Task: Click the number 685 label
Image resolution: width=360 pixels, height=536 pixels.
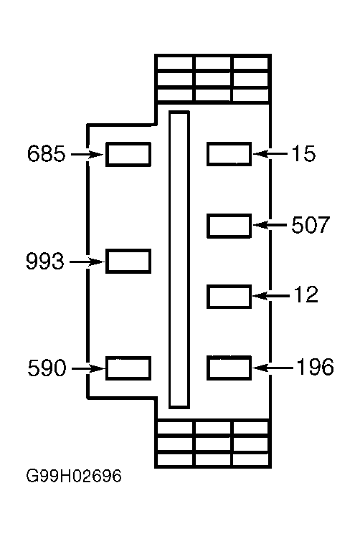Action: [x=46, y=153]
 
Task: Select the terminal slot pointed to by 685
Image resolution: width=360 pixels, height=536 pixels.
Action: [x=128, y=155]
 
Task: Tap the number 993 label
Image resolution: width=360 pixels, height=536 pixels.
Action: [x=45, y=262]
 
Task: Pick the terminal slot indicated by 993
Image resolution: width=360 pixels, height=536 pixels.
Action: [x=128, y=262]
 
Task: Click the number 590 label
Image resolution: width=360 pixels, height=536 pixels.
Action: [x=47, y=368]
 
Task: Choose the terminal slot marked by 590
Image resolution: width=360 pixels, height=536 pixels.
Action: [x=128, y=368]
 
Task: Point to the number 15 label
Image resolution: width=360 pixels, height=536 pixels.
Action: [x=304, y=153]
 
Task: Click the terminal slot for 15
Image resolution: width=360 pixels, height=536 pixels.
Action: [x=229, y=154]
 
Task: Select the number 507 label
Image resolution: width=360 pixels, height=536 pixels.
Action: [x=311, y=224]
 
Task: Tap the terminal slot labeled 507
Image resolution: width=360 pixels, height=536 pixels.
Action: [x=229, y=226]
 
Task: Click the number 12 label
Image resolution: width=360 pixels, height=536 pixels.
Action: [x=306, y=295]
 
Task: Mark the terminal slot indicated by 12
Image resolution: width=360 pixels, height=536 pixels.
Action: [x=229, y=297]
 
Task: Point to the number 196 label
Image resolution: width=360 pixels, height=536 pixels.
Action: [x=315, y=367]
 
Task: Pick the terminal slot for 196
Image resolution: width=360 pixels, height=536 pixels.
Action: [x=229, y=368]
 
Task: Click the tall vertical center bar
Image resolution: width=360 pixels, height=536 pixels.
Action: [x=179, y=260]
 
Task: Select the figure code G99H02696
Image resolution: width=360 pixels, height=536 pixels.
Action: [x=74, y=476]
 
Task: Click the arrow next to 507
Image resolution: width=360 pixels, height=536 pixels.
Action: [x=270, y=225]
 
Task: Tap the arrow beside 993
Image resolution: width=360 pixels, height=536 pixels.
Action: [x=87, y=262]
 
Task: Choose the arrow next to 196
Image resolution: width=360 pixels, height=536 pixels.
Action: [x=273, y=368]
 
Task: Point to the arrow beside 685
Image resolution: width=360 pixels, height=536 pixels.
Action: [x=87, y=155]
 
